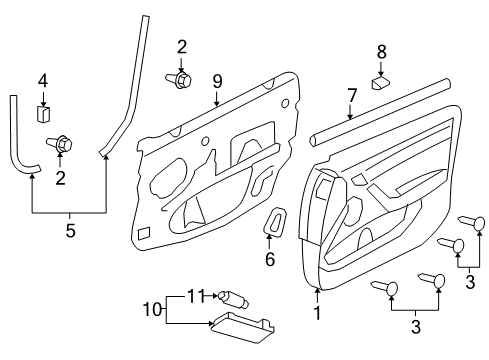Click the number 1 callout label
[x=318, y=312]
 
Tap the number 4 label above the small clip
[x=43, y=81]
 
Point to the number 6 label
[x=269, y=259]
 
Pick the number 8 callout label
[x=381, y=50]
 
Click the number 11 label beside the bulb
[x=197, y=296]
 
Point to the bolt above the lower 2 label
[x=62, y=146]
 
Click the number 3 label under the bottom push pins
[x=415, y=326]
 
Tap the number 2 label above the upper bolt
[x=181, y=45]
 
